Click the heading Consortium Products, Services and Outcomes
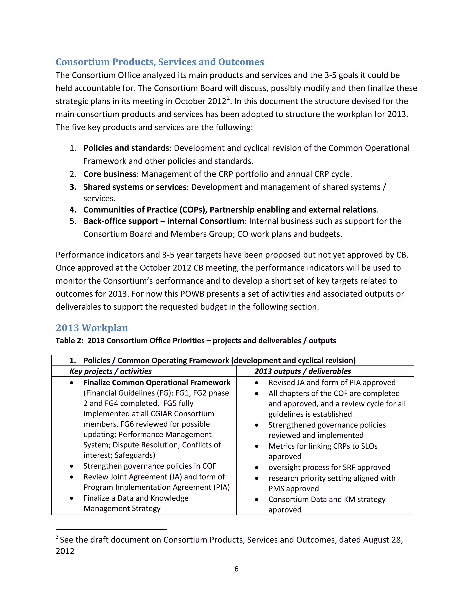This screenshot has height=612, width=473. [x=160, y=62]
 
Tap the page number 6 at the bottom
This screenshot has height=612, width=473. [x=236, y=569]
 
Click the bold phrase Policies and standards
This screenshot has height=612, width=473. [x=126, y=148]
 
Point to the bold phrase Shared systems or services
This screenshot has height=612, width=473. [x=135, y=187]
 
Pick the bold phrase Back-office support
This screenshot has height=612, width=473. [x=121, y=221]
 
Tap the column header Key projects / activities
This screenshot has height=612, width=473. [x=110, y=371]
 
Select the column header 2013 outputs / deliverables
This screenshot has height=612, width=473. [x=302, y=371]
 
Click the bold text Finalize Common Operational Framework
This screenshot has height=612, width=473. [x=157, y=382]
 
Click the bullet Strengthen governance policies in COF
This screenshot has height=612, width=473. [x=150, y=466]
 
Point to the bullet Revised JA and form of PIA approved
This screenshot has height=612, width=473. [x=332, y=382]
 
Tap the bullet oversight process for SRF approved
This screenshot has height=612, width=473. [x=329, y=467]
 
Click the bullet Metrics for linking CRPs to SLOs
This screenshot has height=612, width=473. [x=323, y=446]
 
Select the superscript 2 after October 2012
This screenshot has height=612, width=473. [x=228, y=98]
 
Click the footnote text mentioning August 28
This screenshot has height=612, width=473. [x=231, y=539]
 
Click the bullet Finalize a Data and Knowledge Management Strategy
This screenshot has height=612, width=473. [x=136, y=498]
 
